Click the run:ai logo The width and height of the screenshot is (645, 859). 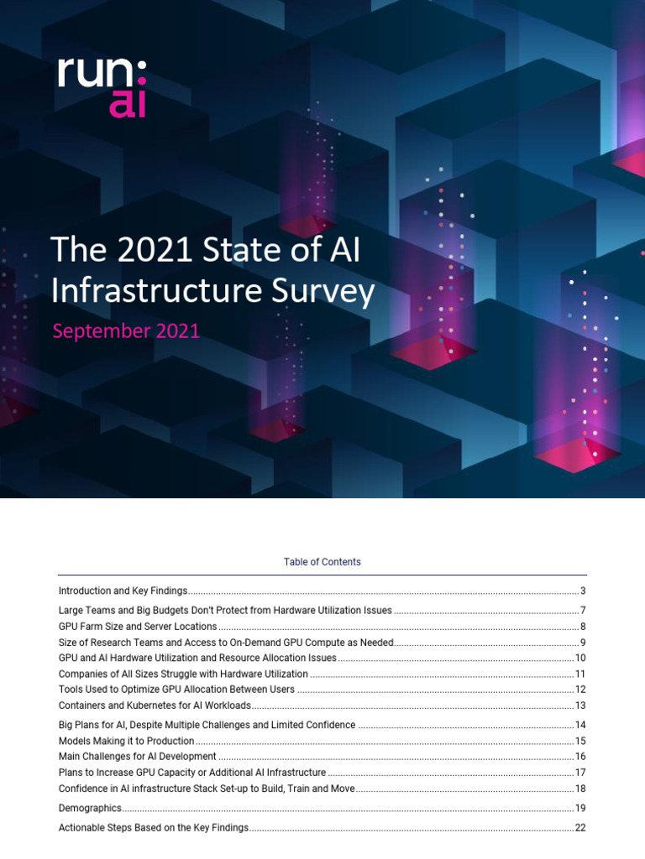(101, 87)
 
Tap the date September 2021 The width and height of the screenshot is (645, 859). (126, 331)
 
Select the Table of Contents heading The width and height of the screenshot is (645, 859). (322, 562)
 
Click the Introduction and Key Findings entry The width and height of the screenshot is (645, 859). (123, 591)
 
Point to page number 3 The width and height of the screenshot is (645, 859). (582, 591)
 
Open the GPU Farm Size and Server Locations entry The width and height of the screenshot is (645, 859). (138, 627)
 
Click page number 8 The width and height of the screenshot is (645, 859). (582, 627)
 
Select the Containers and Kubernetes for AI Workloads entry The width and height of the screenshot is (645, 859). (155, 705)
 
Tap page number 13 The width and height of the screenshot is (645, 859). (579, 705)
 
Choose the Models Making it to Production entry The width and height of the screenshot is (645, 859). (126, 742)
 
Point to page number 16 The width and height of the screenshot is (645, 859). (579, 757)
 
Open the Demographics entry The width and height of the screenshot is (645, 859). (90, 809)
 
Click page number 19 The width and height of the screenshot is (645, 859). (579, 809)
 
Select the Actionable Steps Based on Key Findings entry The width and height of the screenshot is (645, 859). (154, 828)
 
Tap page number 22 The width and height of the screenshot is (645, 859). (579, 828)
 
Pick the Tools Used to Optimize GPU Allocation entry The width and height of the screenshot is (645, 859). (176, 690)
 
